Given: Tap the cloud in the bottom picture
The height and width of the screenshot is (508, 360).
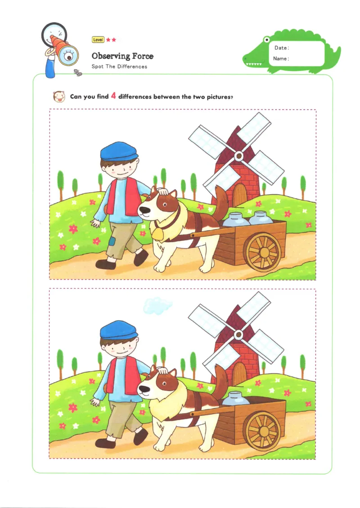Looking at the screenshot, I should coord(157,306).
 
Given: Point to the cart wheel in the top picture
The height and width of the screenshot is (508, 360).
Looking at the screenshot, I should coord(264,251).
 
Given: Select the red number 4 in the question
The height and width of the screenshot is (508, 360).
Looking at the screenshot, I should coord(114,96).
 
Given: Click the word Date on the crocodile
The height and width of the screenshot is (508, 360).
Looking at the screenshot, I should coord(281,48).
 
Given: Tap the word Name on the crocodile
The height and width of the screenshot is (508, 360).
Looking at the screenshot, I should coord(281,58).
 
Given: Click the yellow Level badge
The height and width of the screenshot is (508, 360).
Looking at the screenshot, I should coord(98,40).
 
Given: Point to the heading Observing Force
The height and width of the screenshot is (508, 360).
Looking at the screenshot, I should coord(122,56).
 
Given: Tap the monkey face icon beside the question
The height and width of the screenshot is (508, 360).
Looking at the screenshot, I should coord(58,96).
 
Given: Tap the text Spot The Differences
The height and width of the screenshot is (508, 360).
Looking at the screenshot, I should coord(119,67).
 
